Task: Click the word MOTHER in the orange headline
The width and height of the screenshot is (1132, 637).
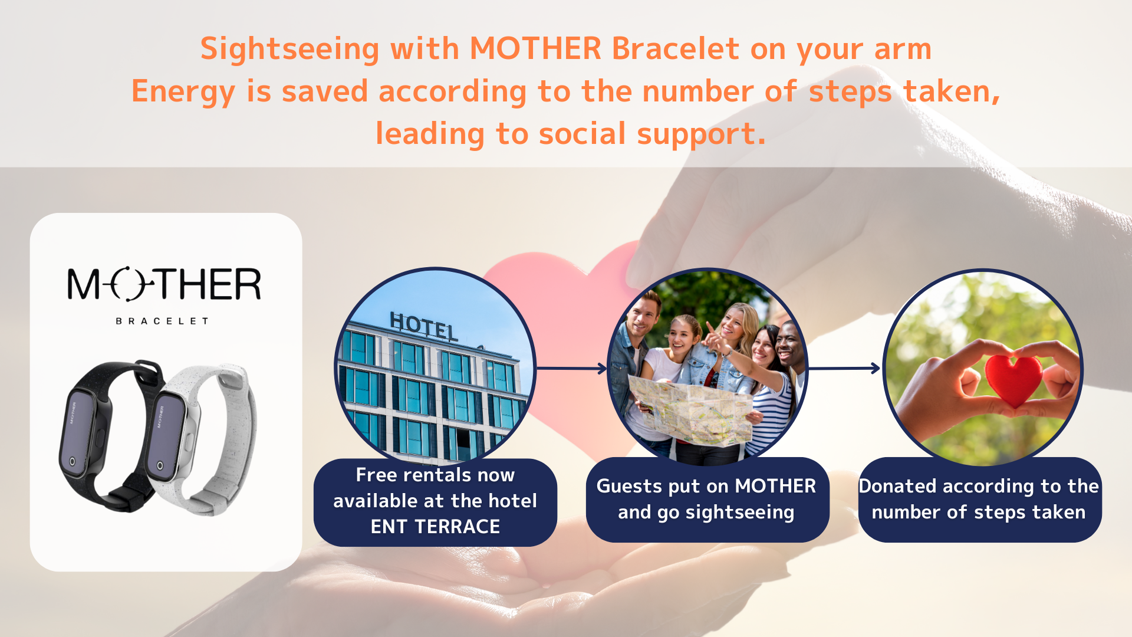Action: pyautogui.click(x=535, y=48)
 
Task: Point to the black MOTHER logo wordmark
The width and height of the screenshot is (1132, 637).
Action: pyautogui.click(x=164, y=284)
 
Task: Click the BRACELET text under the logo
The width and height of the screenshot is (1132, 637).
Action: pyautogui.click(x=162, y=321)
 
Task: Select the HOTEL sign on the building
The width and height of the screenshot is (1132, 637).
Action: pyautogui.click(x=423, y=326)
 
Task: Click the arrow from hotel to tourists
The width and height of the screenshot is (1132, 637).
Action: pyautogui.click(x=571, y=369)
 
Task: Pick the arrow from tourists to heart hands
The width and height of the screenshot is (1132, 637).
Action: pyautogui.click(x=844, y=369)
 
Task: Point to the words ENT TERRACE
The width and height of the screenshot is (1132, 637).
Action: pyautogui.click(x=435, y=527)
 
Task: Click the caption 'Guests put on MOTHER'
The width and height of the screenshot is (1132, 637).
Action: pyautogui.click(x=706, y=486)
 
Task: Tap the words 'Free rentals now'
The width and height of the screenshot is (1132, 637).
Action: pyautogui.click(x=435, y=475)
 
